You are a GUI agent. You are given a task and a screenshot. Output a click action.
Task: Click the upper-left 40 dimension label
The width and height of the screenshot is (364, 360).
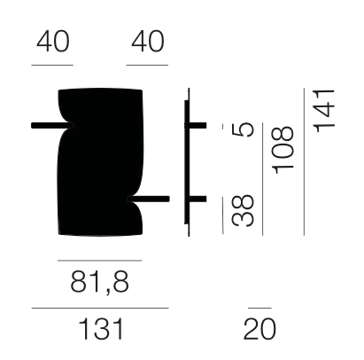53,42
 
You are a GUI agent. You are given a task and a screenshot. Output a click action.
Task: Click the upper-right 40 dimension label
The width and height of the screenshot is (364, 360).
148,42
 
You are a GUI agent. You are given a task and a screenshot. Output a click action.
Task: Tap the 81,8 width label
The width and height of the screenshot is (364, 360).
99,282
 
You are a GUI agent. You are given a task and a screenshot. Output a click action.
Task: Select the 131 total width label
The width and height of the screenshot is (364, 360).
101,329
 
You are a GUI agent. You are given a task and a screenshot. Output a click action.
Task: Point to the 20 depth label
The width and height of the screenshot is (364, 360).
259,329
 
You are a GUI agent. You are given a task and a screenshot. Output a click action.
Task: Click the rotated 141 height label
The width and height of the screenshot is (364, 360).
324,111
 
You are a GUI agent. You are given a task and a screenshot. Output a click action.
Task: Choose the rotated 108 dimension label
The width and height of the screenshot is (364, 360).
283,150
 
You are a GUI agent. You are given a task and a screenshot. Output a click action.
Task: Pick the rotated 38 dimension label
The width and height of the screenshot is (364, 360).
243,210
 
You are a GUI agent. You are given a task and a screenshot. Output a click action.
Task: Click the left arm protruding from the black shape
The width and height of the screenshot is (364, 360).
52,125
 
